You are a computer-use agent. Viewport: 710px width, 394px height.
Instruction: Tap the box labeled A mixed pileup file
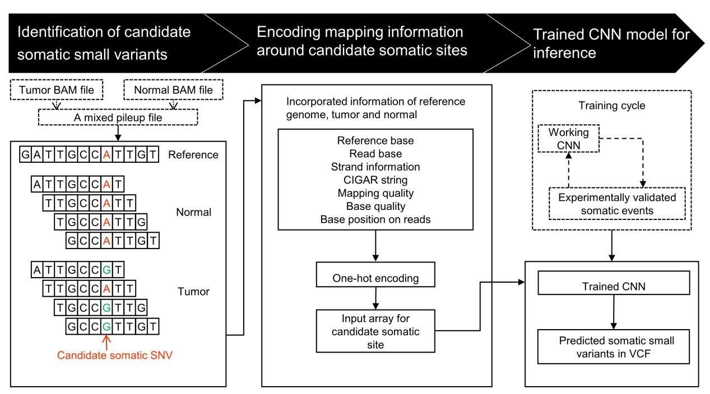coord(117,116)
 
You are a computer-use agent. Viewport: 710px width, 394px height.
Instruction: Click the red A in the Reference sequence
coord(106,154)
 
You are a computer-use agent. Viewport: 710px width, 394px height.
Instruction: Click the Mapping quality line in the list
coord(375,193)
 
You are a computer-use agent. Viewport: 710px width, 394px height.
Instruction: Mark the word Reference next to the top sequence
coord(193,154)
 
